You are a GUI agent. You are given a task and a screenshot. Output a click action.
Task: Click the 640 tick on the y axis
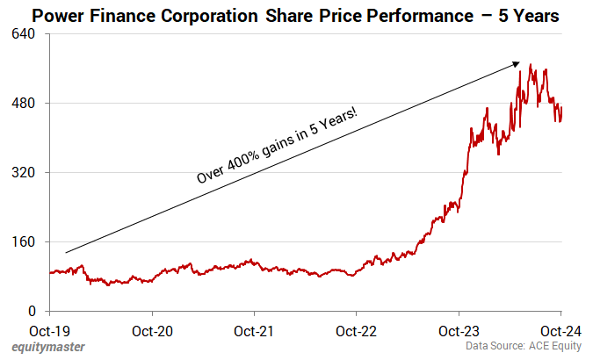(24, 33)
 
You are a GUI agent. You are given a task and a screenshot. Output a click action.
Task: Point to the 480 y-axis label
(24, 103)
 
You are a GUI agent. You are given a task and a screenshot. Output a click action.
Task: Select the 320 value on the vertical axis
(24, 172)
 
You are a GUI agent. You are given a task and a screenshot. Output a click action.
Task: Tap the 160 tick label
(24, 241)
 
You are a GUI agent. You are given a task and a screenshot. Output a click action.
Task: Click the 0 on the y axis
(30, 311)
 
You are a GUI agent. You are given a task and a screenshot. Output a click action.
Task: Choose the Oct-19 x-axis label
(50, 331)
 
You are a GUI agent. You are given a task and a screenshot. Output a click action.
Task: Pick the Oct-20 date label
(152, 331)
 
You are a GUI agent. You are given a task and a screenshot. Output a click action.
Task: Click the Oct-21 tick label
(254, 331)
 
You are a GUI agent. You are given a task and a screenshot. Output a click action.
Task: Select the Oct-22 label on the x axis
(356, 331)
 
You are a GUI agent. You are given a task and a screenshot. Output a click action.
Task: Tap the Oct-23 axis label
(459, 331)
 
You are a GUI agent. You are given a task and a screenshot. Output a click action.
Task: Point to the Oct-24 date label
(560, 331)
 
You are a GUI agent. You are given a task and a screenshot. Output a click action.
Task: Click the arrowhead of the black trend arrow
(519, 64)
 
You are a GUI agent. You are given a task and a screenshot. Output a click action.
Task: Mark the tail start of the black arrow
(66, 252)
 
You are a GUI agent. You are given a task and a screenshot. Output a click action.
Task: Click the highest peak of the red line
(531, 64)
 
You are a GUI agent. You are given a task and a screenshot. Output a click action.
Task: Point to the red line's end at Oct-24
(561, 108)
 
